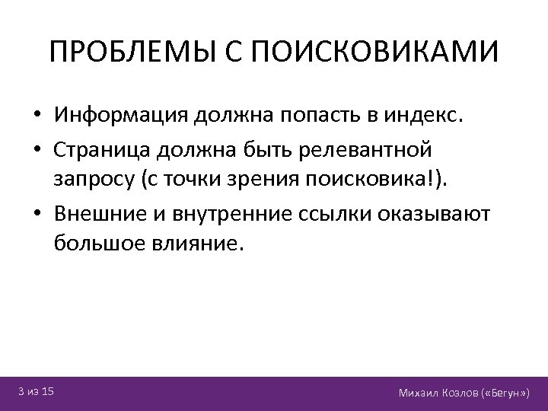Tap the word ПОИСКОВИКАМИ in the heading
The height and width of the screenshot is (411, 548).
point(374,53)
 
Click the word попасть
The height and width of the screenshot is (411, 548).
point(314,116)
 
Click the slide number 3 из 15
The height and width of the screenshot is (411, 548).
point(37,391)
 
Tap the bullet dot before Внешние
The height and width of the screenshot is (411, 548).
point(37,213)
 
